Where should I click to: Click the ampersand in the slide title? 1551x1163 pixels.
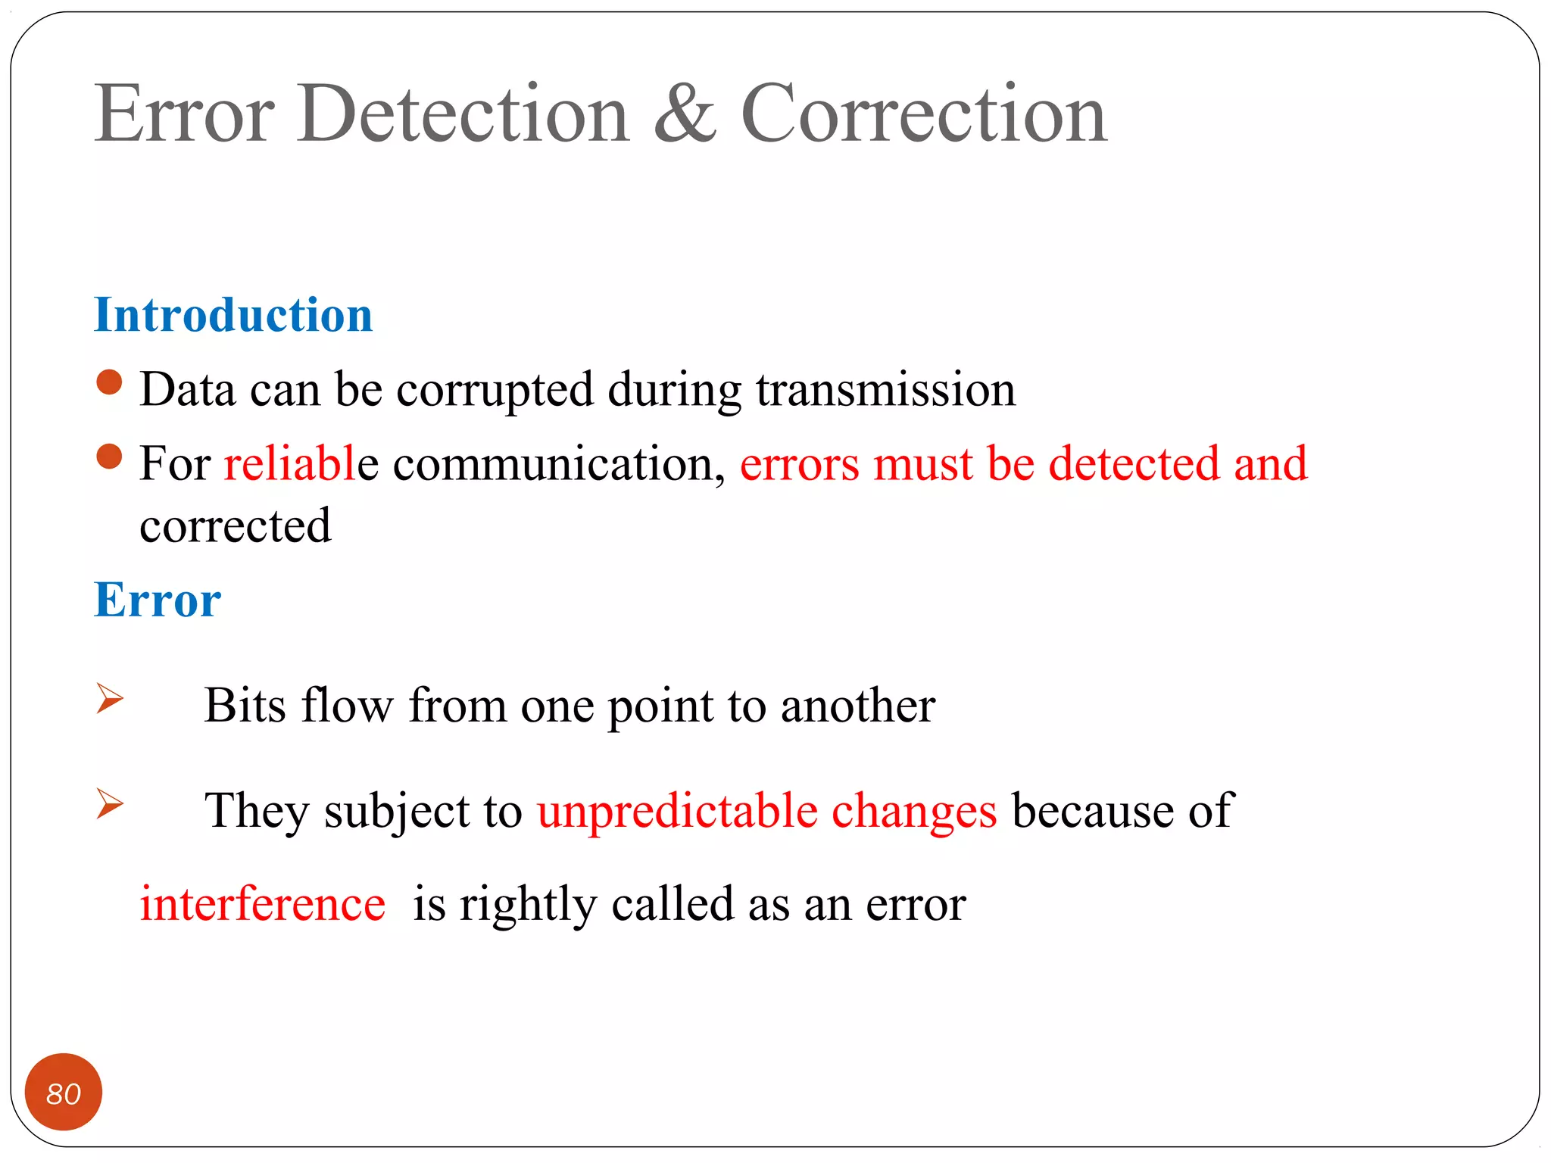[685, 114]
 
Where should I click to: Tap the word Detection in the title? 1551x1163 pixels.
[463, 114]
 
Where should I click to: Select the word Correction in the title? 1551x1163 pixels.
[924, 114]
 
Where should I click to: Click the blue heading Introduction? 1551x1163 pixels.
[233, 314]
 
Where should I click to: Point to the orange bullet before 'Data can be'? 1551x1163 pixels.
[110, 382]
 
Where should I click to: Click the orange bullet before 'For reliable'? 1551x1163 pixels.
[110, 457]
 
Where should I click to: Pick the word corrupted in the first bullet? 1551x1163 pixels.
[495, 391]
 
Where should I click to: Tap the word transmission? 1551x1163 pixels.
[885, 389]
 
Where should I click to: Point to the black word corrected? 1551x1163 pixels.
[236, 525]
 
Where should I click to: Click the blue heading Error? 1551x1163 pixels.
[158, 600]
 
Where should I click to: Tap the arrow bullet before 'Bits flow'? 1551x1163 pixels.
[110, 698]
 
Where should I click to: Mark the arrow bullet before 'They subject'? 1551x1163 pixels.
[110, 803]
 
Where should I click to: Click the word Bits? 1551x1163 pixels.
[245, 705]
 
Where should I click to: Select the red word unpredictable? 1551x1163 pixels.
[677, 811]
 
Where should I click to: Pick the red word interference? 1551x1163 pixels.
[263, 903]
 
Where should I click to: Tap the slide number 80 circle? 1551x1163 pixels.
[64, 1092]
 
